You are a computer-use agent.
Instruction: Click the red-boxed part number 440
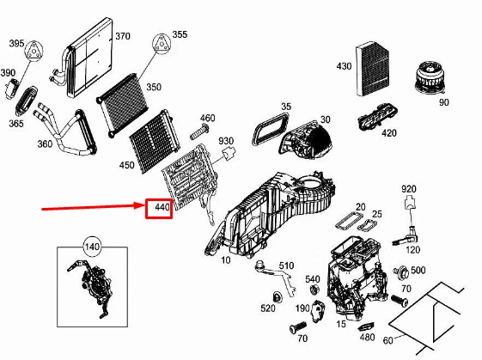pos(162,208)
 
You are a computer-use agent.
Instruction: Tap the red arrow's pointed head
pos(141,205)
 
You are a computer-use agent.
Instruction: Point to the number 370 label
pos(123,36)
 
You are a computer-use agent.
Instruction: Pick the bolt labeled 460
pos(199,131)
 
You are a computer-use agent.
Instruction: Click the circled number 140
pos(92,247)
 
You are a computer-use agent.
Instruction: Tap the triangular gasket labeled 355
pos(161,44)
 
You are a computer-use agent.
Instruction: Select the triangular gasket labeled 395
pos(34,51)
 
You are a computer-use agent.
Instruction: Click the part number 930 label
pos(226,141)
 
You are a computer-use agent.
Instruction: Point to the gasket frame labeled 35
pos(270,128)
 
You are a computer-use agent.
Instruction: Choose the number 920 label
pos(409,189)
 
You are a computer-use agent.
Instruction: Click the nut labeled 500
pos(401,272)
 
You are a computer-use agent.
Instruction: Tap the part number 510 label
pos(286,265)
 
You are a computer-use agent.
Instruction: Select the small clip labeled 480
pos(366,326)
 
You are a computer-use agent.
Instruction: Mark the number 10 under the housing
pos(226,260)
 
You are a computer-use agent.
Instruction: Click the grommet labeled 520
pos(278,297)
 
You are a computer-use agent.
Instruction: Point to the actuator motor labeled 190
pos(318,311)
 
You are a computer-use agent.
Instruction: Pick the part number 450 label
pos(126,165)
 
